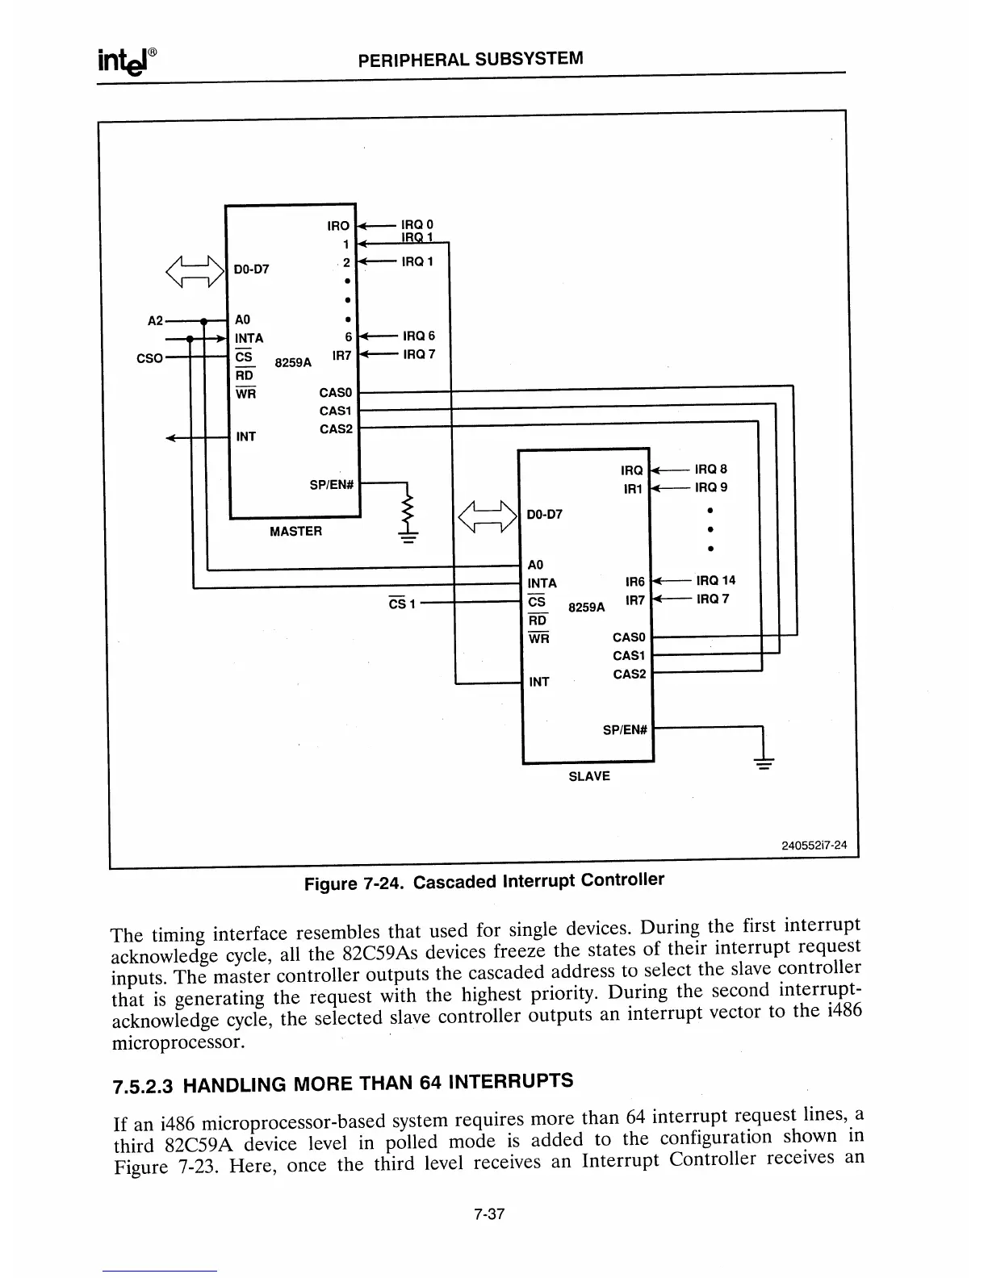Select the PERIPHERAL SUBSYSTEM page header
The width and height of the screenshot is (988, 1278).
tap(470, 59)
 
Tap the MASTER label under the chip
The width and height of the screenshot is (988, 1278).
tap(295, 531)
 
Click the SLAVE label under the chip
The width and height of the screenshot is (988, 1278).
tap(589, 776)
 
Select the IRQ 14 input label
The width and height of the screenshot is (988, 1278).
tap(715, 580)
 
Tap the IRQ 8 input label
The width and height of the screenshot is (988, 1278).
tap(710, 469)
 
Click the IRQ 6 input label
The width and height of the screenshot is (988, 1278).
tap(418, 336)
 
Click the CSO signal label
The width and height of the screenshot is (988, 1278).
tap(150, 357)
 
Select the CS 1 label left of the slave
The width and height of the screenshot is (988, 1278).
tap(401, 603)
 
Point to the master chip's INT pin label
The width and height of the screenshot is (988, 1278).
tap(245, 436)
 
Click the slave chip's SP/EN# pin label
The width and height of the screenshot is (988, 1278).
tap(626, 730)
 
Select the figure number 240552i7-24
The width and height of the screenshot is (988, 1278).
tap(814, 846)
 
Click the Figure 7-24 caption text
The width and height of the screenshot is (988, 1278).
tap(484, 881)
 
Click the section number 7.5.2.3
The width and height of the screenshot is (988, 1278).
tap(143, 1086)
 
